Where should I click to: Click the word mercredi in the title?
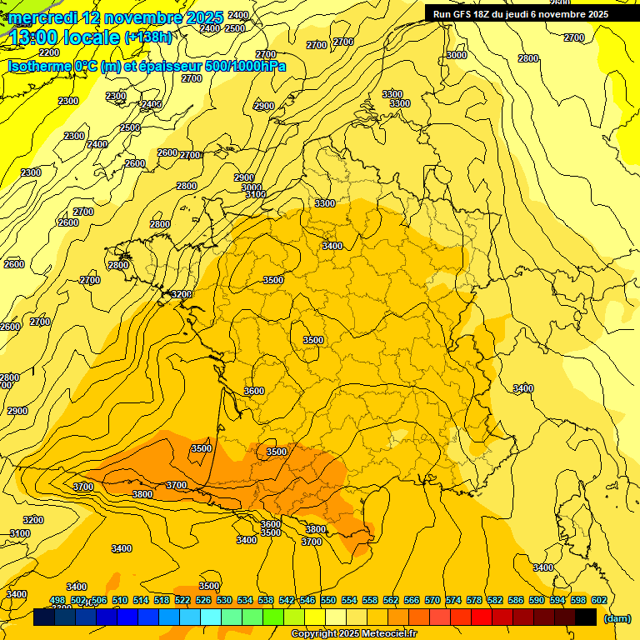point(42,17)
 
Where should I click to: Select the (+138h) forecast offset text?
point(149,37)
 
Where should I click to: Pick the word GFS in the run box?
point(464,14)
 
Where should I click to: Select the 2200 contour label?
point(49,52)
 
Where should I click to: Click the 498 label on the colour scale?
point(57,600)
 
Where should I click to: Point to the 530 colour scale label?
point(224,600)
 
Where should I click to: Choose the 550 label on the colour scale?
point(328,600)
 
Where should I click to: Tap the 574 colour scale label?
point(453,600)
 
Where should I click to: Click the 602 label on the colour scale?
point(599,600)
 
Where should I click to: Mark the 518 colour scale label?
point(162,600)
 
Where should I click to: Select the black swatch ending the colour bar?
point(586,617)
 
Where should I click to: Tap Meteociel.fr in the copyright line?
point(389,634)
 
